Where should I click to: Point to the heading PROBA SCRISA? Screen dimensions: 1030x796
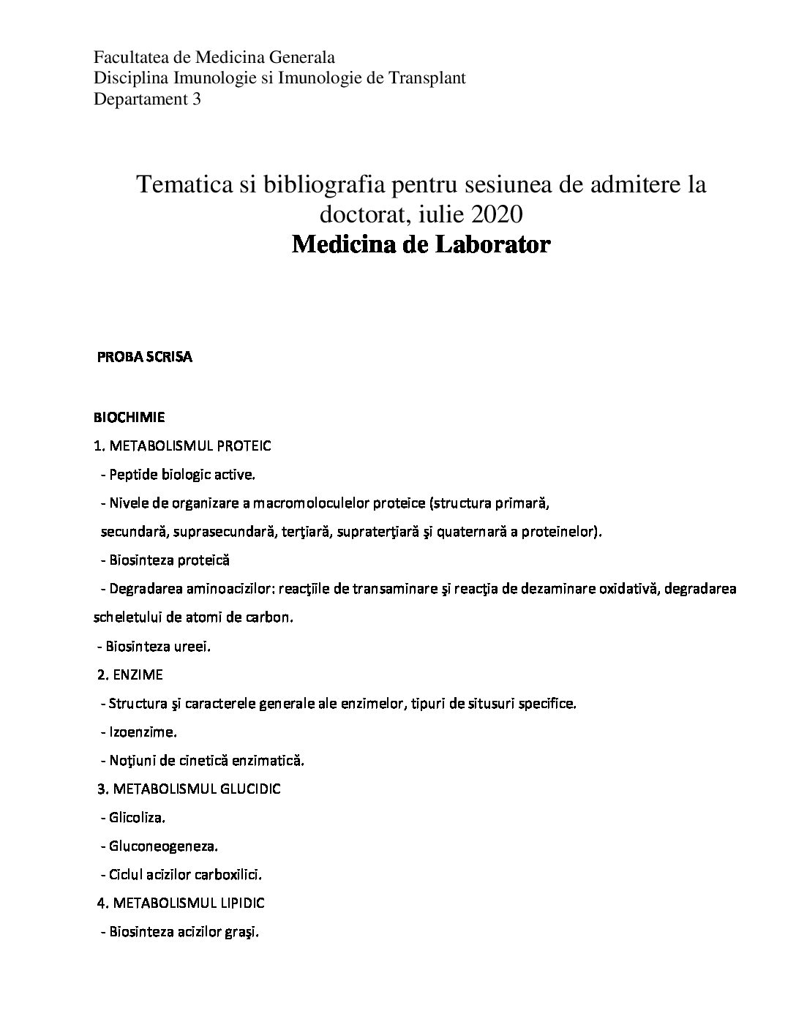tap(145, 358)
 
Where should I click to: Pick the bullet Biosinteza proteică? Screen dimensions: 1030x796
tap(169, 560)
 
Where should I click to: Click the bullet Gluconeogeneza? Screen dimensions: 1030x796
tap(163, 846)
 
